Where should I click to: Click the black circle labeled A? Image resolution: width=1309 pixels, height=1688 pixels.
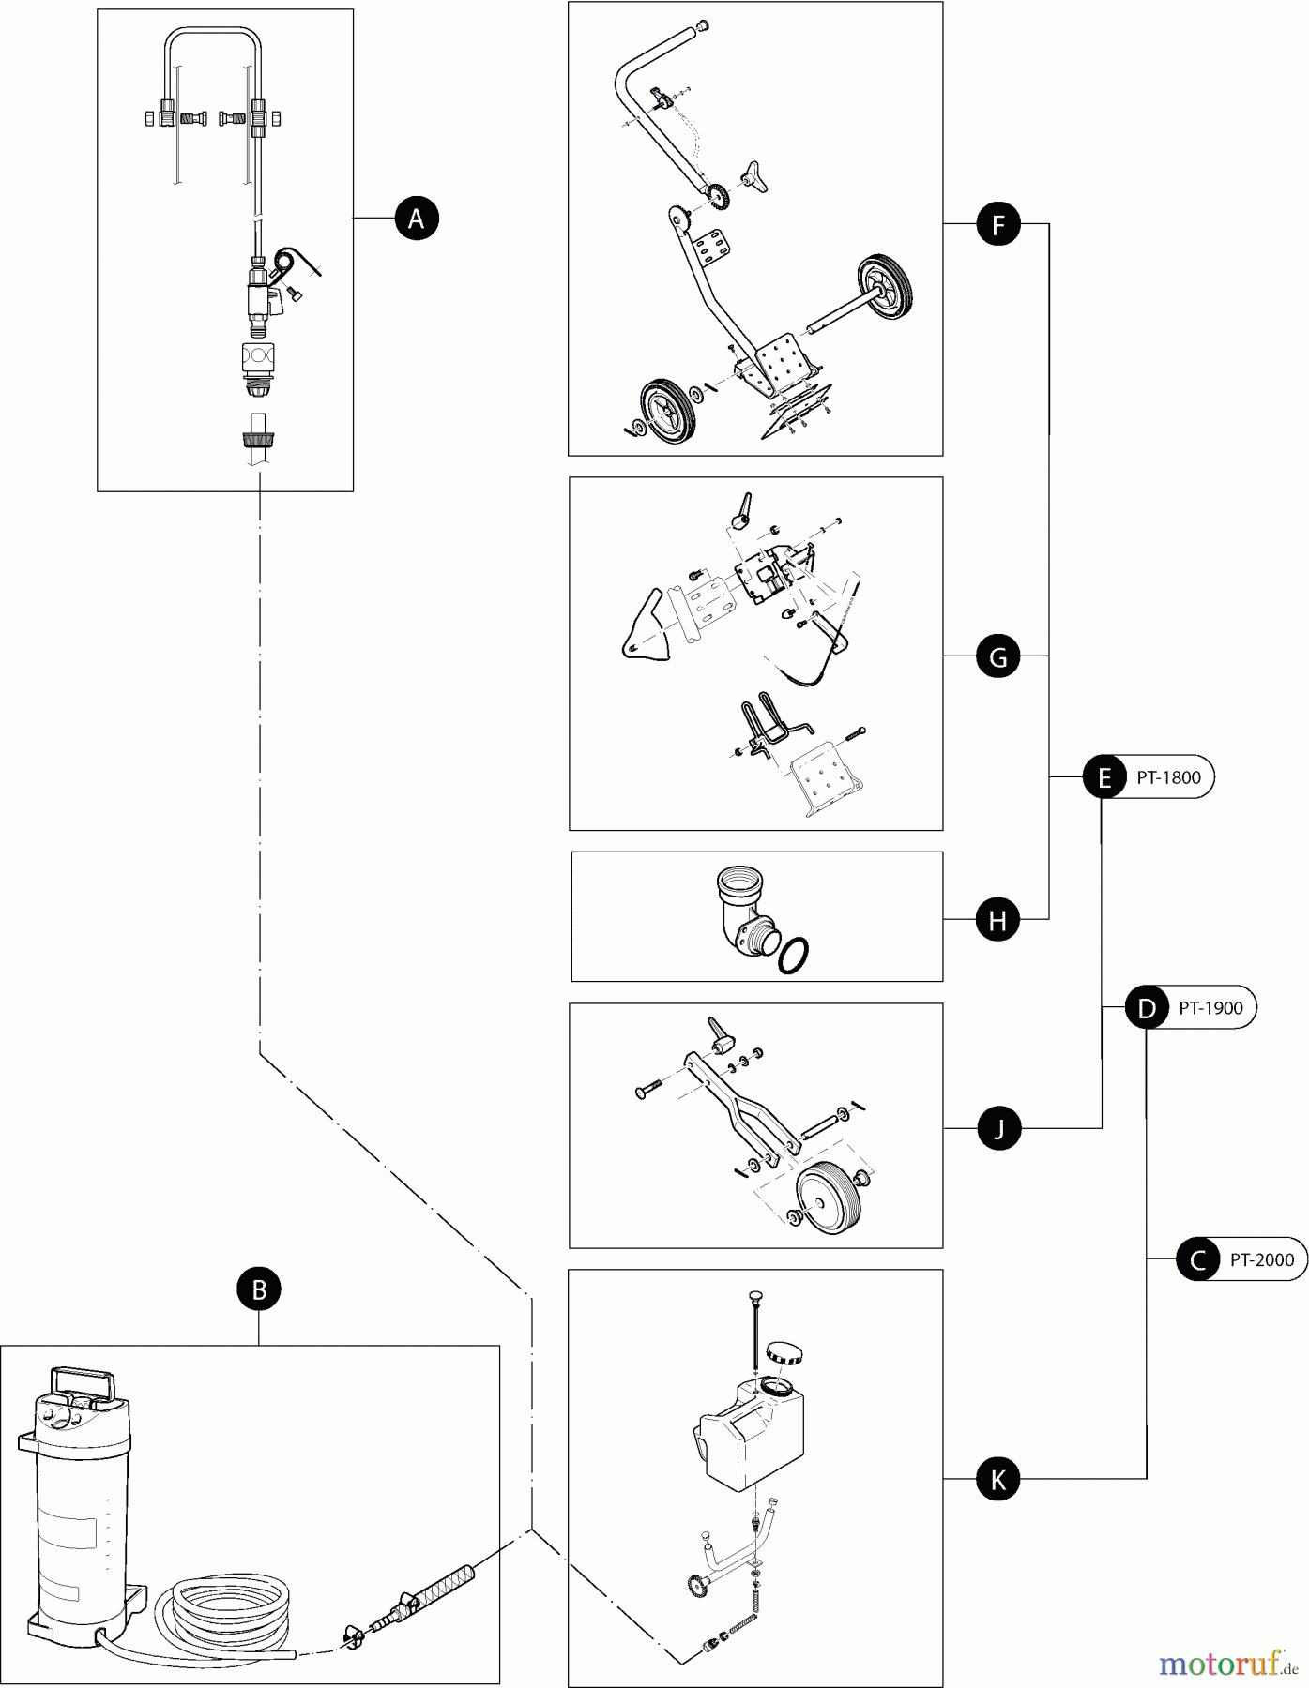pos(417,219)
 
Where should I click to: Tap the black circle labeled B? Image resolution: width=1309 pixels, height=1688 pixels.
pos(259,1289)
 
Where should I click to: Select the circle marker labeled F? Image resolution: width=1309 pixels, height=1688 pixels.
pos(997,224)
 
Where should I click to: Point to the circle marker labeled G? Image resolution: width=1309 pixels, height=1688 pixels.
pos(997,656)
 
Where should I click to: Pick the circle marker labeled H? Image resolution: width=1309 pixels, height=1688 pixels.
pos(997,920)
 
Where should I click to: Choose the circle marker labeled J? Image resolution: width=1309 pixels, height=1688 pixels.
pos(997,1129)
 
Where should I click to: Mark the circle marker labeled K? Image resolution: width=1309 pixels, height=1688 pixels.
pos(997,1480)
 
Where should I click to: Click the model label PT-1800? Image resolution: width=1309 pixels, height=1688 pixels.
pos(1168,777)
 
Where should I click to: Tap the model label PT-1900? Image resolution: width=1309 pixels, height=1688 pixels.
pos(1210,1008)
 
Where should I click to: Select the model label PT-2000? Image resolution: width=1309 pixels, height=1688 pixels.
pos(1261,1260)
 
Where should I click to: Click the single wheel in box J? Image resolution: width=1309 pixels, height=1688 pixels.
pos(824,1198)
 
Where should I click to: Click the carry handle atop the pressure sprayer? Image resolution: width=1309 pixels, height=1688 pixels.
pos(84,1386)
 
